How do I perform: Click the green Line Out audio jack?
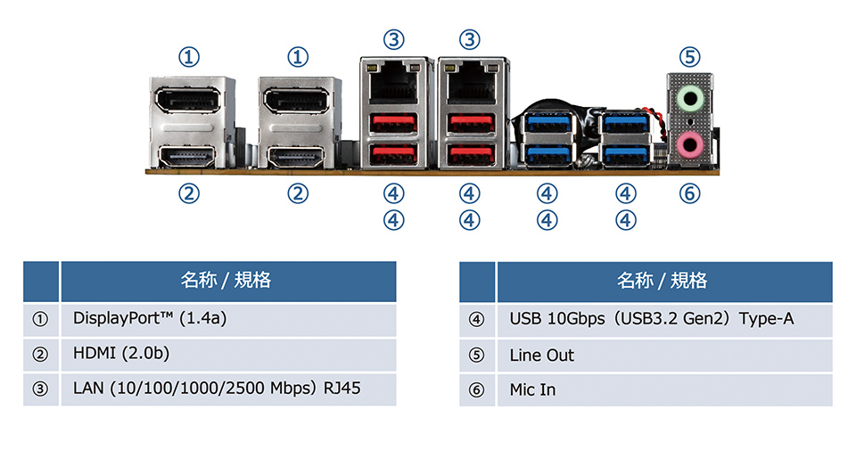(690, 95)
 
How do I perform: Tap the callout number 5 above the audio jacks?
(689, 57)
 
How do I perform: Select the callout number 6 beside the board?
(689, 192)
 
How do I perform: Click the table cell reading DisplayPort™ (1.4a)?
(227, 318)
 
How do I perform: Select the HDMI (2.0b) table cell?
(227, 354)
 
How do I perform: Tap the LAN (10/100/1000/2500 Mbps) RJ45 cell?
(227, 389)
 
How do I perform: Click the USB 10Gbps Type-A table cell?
(663, 318)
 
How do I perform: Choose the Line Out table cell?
(663, 355)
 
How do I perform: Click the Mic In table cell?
(663, 389)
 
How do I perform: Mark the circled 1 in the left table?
(40, 319)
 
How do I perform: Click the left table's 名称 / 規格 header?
(226, 281)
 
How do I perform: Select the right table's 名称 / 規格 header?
(663, 281)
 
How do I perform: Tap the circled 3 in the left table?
(40, 389)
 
